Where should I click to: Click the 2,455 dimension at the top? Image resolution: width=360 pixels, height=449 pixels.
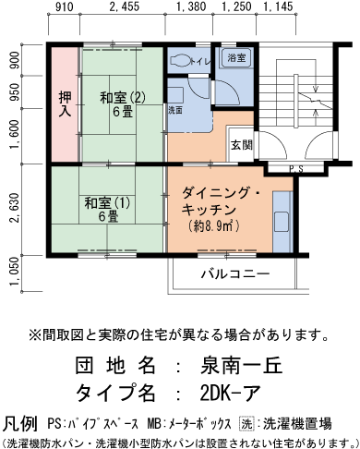pyautogui.click(x=123, y=8)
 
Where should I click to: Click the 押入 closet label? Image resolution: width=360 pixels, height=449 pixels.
pyautogui.click(x=64, y=103)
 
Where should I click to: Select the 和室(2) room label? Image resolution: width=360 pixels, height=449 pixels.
pyautogui.click(x=123, y=96)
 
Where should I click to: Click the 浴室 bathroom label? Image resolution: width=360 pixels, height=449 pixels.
pyautogui.click(x=236, y=58)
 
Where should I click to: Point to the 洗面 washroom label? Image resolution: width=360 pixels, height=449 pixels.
pyautogui.click(x=175, y=110)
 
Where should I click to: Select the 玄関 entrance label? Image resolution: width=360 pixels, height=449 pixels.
pyautogui.click(x=242, y=146)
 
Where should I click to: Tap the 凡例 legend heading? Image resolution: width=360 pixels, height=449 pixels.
pyautogui.click(x=20, y=423)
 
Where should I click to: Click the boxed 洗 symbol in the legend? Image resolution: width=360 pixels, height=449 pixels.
pyautogui.click(x=246, y=426)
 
